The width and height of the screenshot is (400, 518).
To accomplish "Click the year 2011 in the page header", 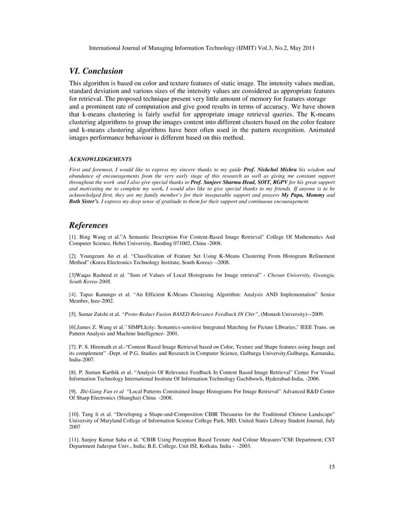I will (304, 46).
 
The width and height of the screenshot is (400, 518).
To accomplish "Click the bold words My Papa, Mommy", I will (305, 194).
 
